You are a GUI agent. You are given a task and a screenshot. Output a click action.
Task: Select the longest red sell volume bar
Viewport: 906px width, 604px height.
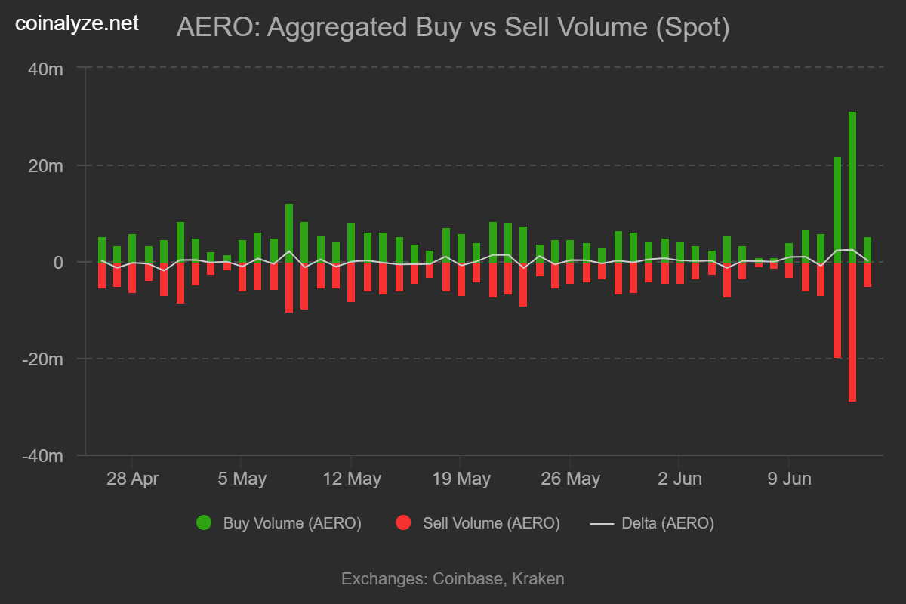852,332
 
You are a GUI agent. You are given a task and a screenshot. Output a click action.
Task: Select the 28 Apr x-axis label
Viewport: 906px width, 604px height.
132,479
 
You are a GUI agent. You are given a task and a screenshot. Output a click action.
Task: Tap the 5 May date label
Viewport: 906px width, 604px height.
241,479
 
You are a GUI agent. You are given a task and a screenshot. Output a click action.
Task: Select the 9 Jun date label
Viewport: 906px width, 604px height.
789,479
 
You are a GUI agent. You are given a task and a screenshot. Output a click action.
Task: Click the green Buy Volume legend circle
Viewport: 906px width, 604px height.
204,522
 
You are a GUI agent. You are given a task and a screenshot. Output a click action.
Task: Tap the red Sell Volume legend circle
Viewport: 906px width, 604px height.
403,522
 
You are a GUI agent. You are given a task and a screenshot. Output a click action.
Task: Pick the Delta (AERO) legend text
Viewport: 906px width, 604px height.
667,522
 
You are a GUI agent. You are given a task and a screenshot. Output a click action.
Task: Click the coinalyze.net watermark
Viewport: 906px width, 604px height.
78,23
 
